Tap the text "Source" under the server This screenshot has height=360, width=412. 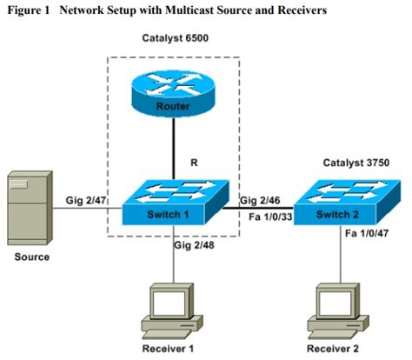31,257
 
